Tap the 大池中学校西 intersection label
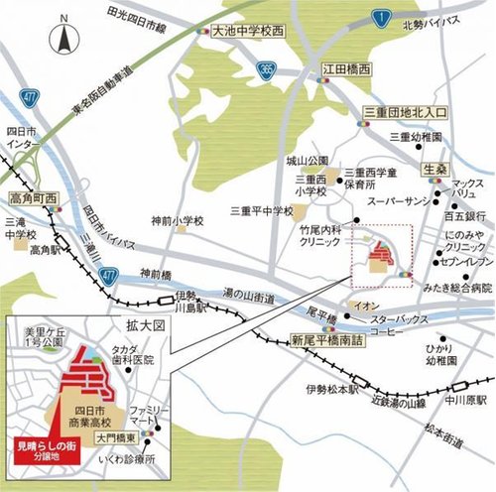click(x=248, y=32)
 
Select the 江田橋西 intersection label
click(x=346, y=71)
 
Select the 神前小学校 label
click(x=178, y=220)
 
